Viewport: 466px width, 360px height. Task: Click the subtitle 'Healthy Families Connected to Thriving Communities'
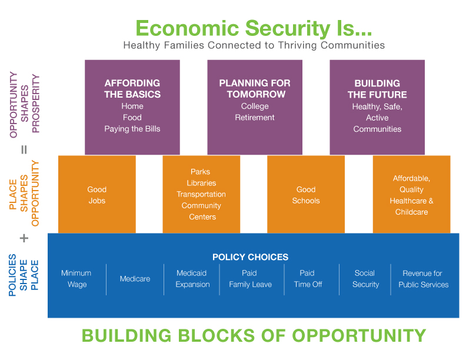(x=254, y=45)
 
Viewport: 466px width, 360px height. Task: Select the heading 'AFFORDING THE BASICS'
(x=132, y=89)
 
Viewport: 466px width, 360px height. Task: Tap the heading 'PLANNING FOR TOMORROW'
(x=255, y=89)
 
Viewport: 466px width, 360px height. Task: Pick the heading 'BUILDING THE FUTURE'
(x=377, y=89)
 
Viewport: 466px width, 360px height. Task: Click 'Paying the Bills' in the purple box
(x=132, y=129)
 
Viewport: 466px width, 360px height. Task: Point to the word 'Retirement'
(x=255, y=118)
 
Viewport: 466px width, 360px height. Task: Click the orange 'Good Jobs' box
(x=97, y=195)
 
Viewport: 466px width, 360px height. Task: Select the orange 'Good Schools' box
(x=306, y=195)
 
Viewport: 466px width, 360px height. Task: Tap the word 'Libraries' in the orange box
(x=201, y=183)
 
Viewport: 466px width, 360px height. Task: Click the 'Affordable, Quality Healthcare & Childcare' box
(x=412, y=195)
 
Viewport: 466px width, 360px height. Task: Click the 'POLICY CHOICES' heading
(x=250, y=257)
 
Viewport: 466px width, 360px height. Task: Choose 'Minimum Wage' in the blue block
(x=76, y=279)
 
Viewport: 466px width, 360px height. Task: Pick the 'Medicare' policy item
(x=135, y=279)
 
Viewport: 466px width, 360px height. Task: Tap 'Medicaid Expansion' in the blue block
(x=192, y=279)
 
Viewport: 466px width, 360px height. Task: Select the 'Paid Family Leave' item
(x=249, y=279)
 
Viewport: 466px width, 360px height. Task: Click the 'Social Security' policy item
(x=365, y=279)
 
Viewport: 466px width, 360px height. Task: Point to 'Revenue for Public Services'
(x=423, y=279)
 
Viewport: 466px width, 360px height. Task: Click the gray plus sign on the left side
(x=24, y=238)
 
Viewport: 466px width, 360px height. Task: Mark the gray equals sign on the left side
(x=24, y=149)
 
